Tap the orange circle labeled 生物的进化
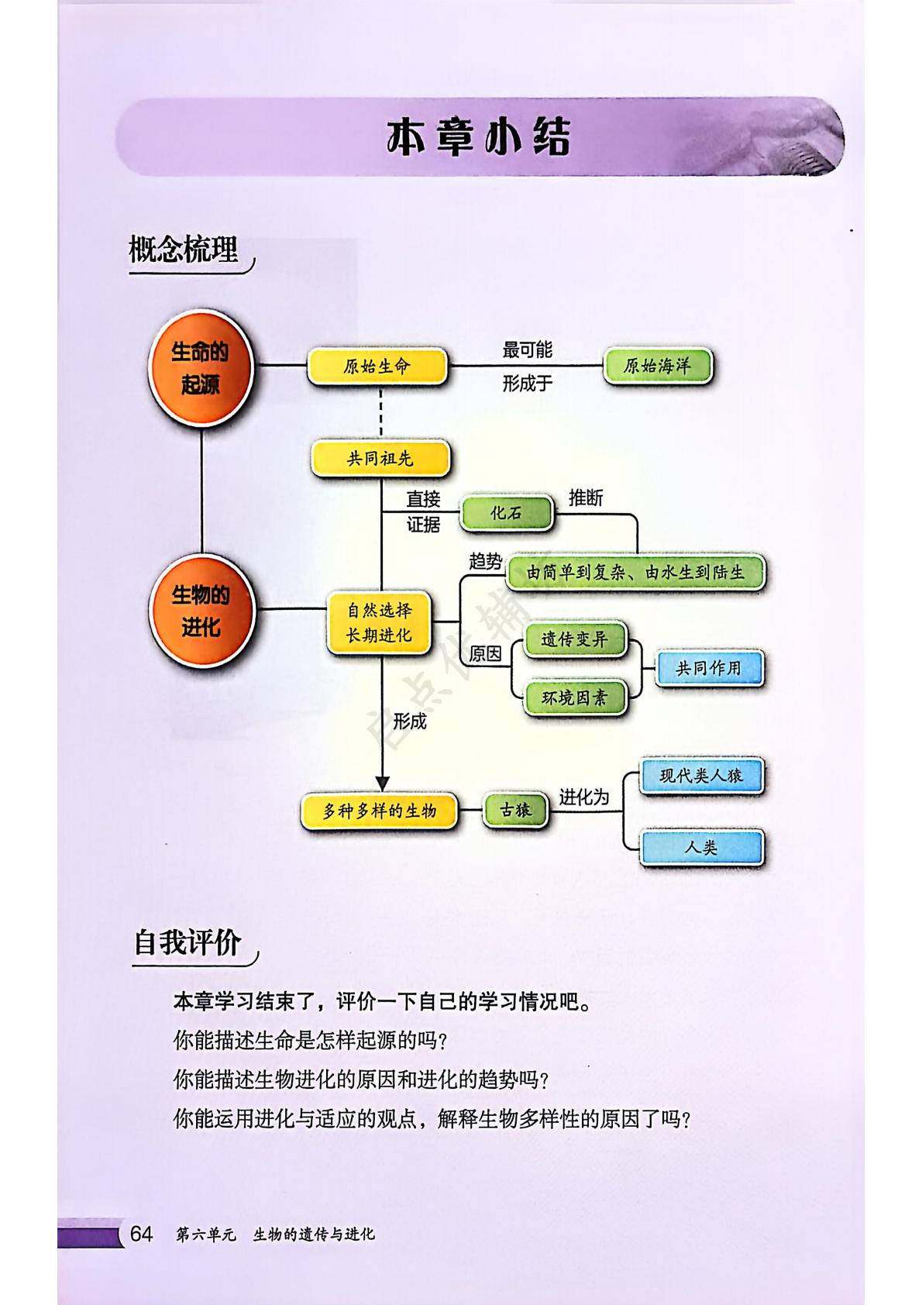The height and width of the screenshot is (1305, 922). click(x=201, y=611)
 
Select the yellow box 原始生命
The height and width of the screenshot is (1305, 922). click(x=377, y=367)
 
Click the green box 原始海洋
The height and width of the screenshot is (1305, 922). click(x=657, y=366)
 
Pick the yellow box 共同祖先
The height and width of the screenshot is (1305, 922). click(x=380, y=459)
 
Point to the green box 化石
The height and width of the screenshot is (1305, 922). click(x=507, y=513)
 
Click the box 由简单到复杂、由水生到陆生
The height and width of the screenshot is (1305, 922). click(x=635, y=573)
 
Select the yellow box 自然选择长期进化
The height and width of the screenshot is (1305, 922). click(x=379, y=623)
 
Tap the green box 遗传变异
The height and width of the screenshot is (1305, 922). click(x=574, y=640)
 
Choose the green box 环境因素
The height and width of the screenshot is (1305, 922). click(x=574, y=698)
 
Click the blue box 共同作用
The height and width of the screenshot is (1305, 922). click(x=709, y=668)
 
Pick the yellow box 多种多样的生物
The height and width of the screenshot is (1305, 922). click(x=380, y=811)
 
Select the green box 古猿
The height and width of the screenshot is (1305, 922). click(x=516, y=811)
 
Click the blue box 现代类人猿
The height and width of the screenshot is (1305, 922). click(x=701, y=776)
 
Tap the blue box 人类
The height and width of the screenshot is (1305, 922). click(x=701, y=848)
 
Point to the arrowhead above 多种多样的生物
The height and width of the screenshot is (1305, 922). click(x=381, y=783)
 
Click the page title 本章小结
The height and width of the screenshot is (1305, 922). click(x=479, y=137)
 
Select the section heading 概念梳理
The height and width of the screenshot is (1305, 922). click(x=184, y=250)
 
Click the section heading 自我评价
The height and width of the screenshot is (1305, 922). click(x=187, y=943)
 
